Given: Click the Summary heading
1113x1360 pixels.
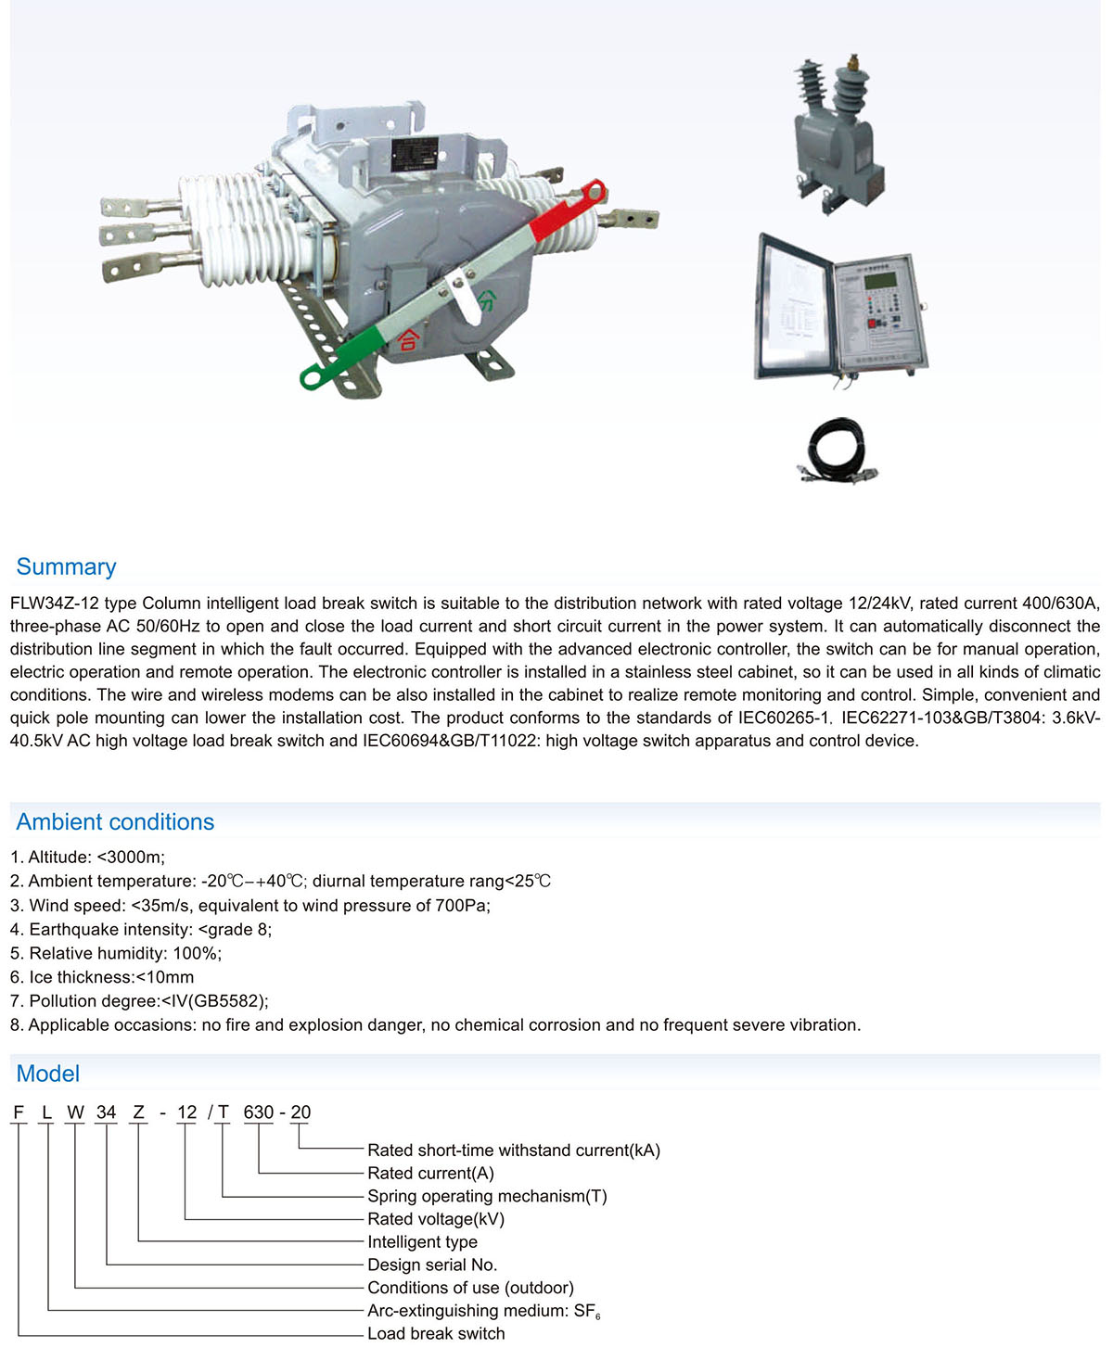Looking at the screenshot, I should [66, 566].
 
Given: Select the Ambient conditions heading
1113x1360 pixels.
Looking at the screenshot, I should [115, 821].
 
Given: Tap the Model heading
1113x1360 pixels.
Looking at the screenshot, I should [48, 1074].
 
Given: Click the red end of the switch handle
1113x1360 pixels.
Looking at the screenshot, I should [566, 210].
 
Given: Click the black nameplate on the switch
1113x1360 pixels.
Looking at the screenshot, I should [415, 154].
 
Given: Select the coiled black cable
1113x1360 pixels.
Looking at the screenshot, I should [836, 450].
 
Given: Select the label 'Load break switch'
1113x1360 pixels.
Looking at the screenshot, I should [436, 1333].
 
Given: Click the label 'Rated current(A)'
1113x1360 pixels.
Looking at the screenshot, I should [430, 1173].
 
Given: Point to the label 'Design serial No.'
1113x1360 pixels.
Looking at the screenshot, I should [432, 1265].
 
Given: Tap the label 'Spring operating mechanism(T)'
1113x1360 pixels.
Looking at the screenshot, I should [487, 1196].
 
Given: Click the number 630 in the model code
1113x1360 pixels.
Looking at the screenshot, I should [259, 1112].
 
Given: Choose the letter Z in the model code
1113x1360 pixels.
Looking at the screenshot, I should [139, 1112].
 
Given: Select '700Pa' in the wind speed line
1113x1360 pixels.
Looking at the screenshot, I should [460, 905].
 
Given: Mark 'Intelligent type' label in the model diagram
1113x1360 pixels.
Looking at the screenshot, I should [422, 1241].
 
